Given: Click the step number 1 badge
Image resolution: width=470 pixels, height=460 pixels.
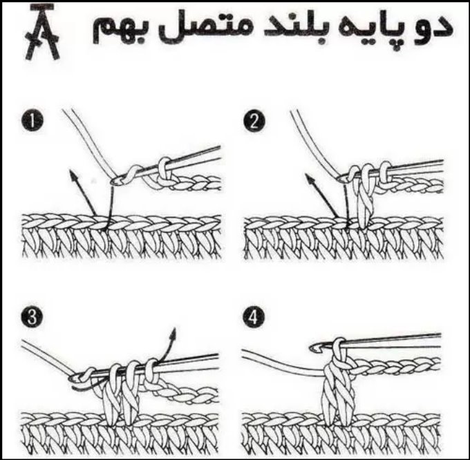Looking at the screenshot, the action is click(x=32, y=120).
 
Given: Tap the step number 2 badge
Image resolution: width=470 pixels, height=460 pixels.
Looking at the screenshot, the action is click(x=254, y=122).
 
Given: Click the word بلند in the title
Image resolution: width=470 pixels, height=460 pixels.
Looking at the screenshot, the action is click(x=294, y=28).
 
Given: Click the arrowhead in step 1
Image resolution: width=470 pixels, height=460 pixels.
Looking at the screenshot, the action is click(x=73, y=175).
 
